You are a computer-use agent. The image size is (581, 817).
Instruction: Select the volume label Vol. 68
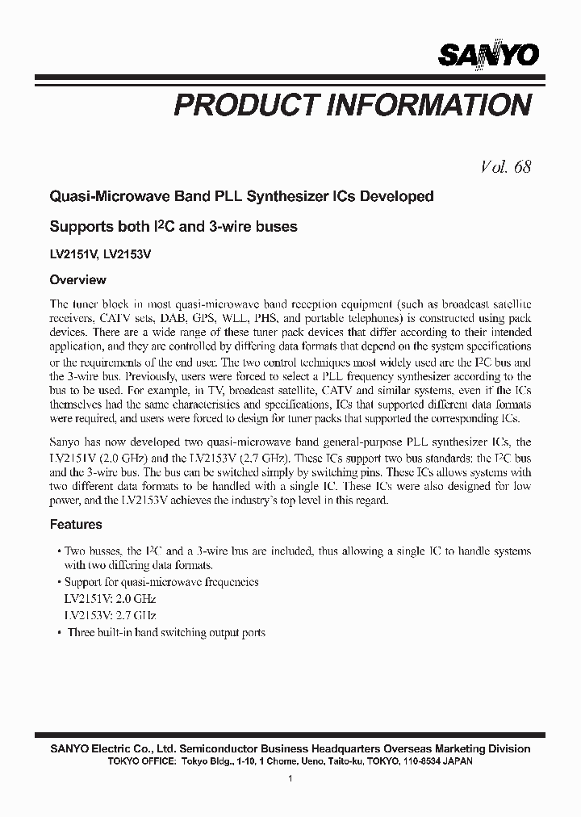[x=505, y=167]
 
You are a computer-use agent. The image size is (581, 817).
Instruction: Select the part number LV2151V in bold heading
[x=73, y=253]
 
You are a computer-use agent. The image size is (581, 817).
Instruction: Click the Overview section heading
[x=78, y=280]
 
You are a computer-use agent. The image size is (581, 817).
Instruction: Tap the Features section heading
[x=76, y=524]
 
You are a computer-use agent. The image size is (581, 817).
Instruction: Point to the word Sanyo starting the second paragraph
[x=66, y=442]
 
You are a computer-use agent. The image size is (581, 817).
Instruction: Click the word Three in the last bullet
[x=83, y=632]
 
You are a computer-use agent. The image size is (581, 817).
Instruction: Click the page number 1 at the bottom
[x=290, y=778]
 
